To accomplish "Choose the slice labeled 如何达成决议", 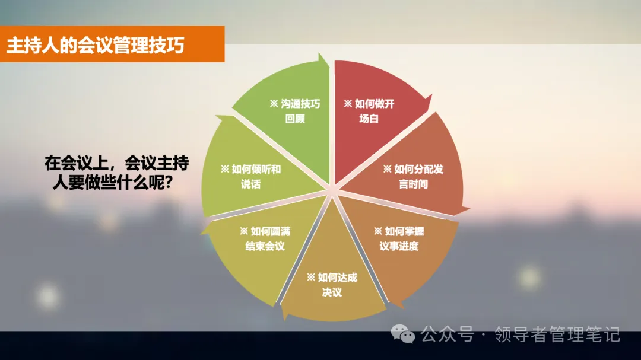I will pos(332,282).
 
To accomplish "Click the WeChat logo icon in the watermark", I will pos(407,335).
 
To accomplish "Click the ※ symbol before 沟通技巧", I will pos(274,104).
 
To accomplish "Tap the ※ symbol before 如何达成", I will pos(311,277).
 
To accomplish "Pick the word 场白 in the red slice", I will pos(369,119).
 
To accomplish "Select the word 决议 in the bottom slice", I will pos(332,292).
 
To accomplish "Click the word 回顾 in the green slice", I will pos(295,119).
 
